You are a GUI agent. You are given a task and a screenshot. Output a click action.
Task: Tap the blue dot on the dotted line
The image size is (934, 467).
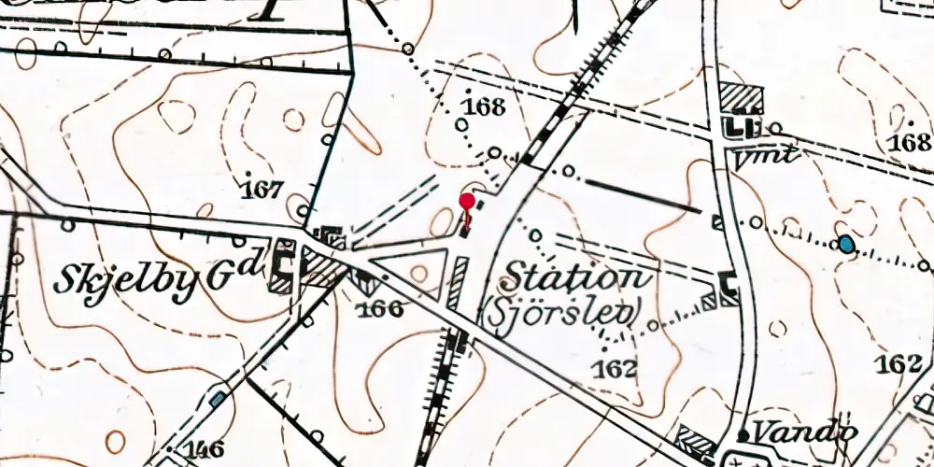845,245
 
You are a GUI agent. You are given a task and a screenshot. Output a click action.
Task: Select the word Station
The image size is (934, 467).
573,277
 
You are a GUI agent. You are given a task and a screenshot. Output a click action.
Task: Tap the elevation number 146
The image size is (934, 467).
203,449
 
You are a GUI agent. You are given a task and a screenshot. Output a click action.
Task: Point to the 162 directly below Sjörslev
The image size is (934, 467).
613,369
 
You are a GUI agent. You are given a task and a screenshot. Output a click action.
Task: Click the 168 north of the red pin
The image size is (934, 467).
483,106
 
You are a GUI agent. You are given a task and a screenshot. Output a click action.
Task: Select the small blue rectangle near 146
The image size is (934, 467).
218,399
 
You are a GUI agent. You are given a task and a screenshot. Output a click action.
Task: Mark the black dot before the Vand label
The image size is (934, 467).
743,435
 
